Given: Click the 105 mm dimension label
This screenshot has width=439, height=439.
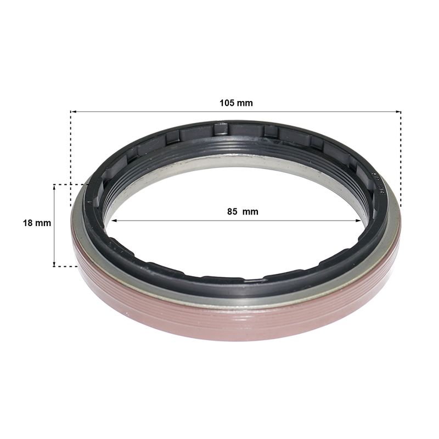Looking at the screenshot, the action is point(236,103).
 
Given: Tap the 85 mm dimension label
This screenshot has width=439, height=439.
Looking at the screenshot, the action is point(243,211).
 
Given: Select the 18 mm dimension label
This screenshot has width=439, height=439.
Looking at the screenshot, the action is point(37,223).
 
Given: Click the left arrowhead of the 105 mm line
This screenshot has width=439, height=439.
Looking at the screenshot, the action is point(73,112).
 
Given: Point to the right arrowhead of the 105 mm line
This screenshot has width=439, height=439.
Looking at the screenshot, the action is point(398,112).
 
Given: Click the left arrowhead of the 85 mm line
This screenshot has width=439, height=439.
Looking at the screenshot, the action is point(114,221).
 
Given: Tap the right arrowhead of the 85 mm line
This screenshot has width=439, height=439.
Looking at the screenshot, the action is point(358,221).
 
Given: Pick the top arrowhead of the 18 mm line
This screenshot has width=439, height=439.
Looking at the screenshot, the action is point(54,187).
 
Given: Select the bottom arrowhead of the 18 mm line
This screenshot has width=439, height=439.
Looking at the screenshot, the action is point(54,264).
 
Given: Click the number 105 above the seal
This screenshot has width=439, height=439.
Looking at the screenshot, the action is point(227,103).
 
